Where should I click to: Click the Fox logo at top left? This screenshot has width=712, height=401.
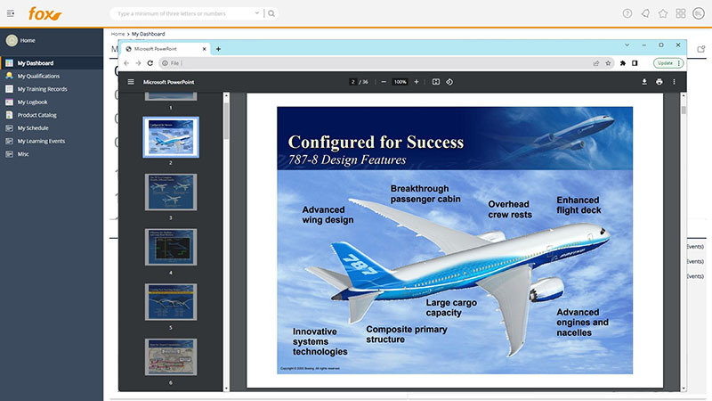[44, 13]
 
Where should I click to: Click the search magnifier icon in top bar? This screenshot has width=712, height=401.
[271, 13]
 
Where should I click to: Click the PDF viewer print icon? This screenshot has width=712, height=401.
[659, 82]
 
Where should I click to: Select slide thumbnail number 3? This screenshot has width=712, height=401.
[171, 192]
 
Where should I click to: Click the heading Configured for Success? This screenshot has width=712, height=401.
[376, 142]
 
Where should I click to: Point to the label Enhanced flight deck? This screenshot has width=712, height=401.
[578, 206]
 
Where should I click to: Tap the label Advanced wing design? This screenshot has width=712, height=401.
[328, 215]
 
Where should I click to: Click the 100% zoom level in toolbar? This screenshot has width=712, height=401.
[400, 82]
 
